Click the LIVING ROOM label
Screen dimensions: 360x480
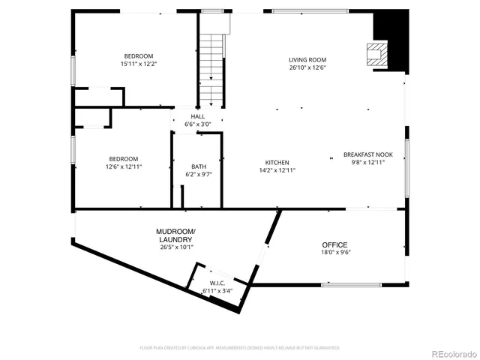[307, 60]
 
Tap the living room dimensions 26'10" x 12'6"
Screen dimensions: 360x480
[307, 67]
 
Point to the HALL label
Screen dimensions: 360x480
[198, 116]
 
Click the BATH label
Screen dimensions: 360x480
[198, 166]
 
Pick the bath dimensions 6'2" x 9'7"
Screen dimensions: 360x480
[198, 175]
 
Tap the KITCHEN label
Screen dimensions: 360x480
[277, 163]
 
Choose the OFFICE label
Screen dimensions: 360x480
[334, 245]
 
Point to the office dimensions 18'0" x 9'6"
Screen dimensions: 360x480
[334, 253]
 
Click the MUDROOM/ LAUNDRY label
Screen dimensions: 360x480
[175, 235]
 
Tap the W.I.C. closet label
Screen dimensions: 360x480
[217, 283]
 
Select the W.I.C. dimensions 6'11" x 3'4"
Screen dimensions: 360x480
[217, 290]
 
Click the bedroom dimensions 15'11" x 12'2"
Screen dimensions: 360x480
[139, 64]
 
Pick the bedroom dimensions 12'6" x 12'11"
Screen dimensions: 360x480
[123, 166]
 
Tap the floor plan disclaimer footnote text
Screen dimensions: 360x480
[239, 348]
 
